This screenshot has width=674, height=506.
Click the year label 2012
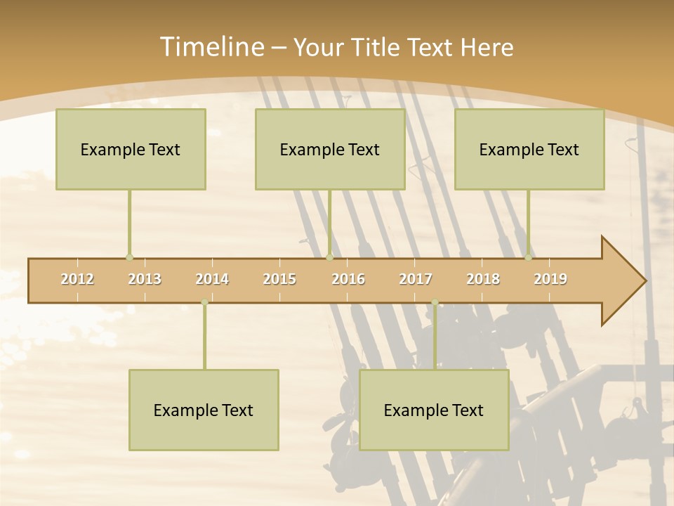[x=77, y=279]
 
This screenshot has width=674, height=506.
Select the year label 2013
[x=145, y=279]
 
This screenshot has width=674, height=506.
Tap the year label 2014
[x=212, y=279]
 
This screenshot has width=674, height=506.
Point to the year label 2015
[x=279, y=279]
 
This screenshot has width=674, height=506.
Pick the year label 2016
[x=348, y=279]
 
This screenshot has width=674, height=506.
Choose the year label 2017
[x=416, y=279]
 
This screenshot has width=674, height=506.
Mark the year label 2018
[x=483, y=279]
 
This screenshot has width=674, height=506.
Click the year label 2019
[x=550, y=279]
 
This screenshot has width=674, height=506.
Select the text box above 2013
[x=131, y=149]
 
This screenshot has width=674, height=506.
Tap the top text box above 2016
[x=330, y=149]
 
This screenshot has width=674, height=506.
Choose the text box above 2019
[x=529, y=149]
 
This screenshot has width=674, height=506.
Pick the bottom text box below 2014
[x=204, y=410]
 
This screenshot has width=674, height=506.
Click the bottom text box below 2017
[x=434, y=410]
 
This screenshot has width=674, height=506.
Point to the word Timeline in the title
[x=211, y=47]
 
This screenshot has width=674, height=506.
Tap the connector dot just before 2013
[x=129, y=257]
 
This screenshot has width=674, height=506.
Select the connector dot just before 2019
[x=529, y=257]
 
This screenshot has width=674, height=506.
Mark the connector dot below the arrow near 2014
[x=204, y=302]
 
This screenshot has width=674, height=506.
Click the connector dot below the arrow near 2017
[x=435, y=302]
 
